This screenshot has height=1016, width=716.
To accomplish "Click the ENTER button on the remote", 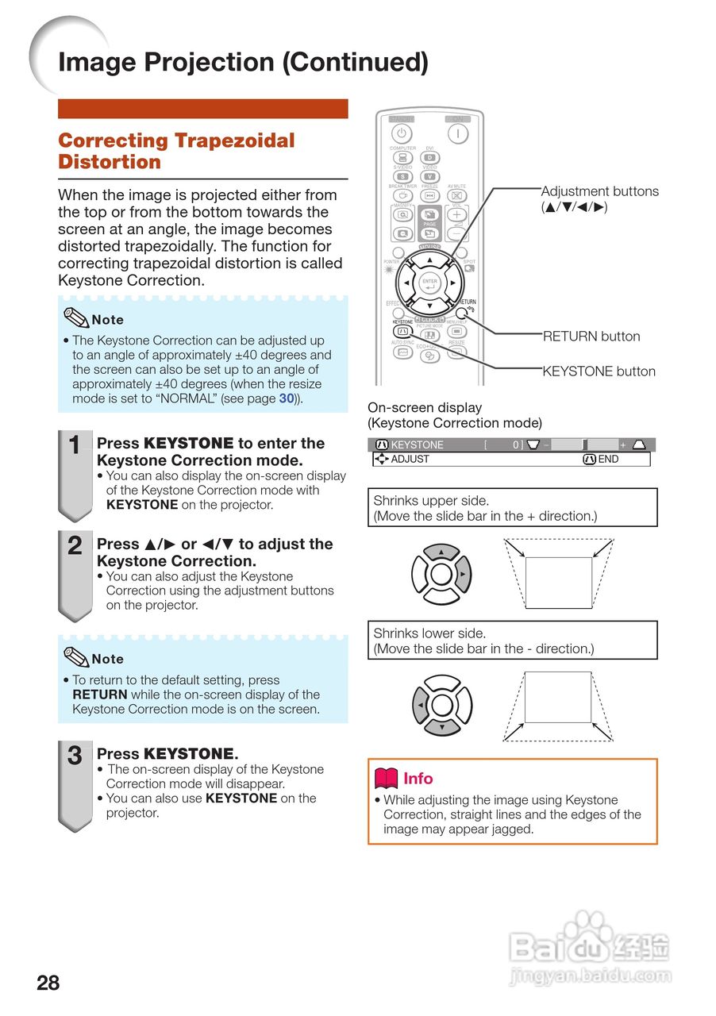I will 429,283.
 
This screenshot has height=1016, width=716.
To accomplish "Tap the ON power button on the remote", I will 457,133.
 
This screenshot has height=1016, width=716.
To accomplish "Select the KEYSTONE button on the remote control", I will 402,331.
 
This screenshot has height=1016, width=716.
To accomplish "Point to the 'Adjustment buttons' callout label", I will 599,191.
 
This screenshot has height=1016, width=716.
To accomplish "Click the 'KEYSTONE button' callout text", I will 599,371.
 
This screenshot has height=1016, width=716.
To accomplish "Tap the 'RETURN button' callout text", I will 591,337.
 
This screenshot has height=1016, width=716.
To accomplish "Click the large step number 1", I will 75,447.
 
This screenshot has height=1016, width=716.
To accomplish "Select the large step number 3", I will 75,756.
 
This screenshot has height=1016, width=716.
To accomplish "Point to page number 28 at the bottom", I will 48,983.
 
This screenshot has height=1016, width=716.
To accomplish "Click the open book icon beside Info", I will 386,779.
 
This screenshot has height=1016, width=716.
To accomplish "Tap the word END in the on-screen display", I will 608,460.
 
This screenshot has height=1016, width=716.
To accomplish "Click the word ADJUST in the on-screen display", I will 410,460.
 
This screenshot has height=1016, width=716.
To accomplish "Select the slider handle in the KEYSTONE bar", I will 584,445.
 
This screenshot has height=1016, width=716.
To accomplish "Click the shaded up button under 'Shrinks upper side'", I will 442,552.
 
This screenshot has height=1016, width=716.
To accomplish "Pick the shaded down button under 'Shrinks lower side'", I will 442,725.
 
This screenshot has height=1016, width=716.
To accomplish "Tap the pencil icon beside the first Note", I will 75,318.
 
